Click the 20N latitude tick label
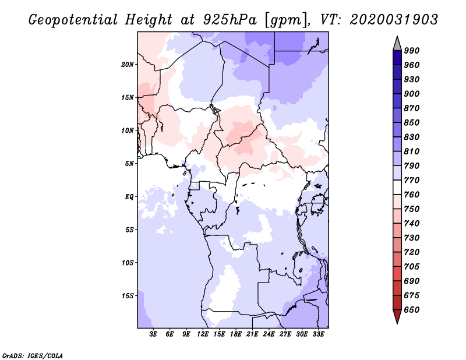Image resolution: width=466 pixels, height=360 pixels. [128, 65]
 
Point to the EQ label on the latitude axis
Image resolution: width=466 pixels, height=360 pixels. [129, 197]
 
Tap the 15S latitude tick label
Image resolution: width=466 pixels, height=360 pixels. [128, 296]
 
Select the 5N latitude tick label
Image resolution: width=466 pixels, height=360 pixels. [129, 164]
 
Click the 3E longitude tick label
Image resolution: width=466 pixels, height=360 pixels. [153, 334]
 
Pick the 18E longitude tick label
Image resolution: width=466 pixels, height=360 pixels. [236, 334]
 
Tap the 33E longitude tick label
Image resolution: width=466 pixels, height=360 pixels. [318, 334]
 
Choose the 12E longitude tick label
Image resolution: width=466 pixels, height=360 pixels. [203, 334]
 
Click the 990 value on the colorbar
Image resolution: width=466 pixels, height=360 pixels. [412, 51]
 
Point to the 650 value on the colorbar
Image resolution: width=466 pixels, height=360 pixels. [412, 310]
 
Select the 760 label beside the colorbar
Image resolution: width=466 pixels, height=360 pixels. [412, 195]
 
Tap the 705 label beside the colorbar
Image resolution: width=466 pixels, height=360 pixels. [412, 266]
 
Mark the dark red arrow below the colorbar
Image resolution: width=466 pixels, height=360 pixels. [397, 316]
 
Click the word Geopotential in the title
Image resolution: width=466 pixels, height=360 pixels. [73, 20]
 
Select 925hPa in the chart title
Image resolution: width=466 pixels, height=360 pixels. [230, 20]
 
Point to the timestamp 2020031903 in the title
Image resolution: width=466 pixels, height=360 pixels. [394, 20]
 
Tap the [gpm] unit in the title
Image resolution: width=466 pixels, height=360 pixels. [287, 20]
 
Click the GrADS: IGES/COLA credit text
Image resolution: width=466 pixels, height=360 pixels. [33, 356]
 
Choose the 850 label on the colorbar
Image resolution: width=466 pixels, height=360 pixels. [412, 122]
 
